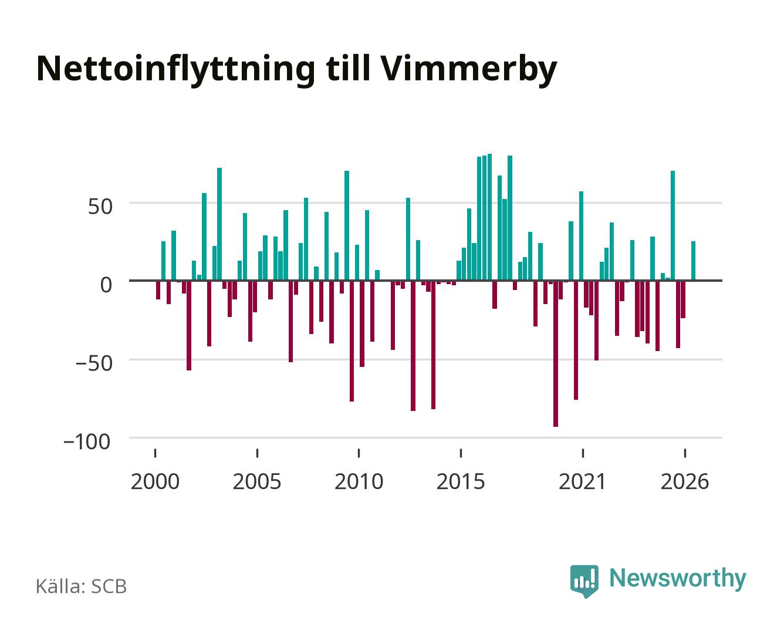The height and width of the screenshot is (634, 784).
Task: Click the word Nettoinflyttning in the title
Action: coord(175,70)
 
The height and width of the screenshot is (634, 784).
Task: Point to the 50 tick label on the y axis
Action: coord(100,207)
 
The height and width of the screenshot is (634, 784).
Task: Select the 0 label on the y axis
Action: coord(106,285)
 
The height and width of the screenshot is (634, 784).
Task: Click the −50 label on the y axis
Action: coord(94,363)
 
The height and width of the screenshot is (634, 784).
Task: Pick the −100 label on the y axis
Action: coord(87,442)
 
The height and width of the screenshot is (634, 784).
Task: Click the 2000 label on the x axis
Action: coord(155,481)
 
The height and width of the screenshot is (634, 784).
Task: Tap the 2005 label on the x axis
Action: coord(257,481)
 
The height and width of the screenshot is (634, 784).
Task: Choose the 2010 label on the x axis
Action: coord(359,481)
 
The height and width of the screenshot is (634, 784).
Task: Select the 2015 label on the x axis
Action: coord(461,481)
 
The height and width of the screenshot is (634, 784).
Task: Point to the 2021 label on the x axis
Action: coord(582,481)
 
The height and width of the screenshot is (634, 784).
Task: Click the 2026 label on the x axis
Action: coord(685,481)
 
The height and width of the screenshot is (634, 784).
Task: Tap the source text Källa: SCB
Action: coord(82,586)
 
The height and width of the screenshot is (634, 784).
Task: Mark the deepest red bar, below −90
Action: coord(555,353)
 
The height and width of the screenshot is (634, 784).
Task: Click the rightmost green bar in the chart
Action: coord(693,261)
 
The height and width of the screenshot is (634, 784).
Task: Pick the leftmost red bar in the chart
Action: coord(158,290)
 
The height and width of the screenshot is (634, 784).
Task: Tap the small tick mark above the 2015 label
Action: coord(461,453)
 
